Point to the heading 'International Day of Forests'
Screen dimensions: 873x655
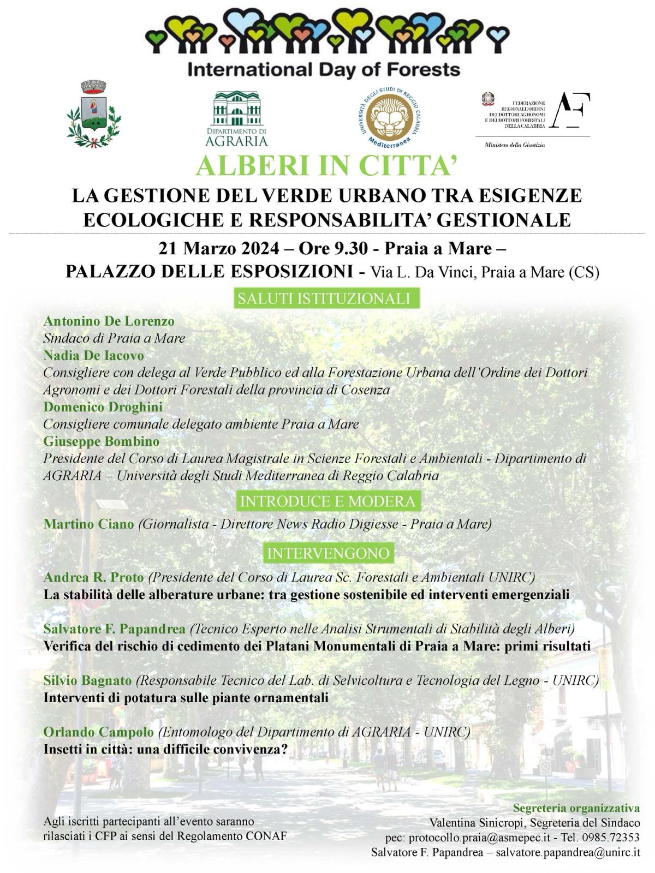pyautogui.click(x=324, y=70)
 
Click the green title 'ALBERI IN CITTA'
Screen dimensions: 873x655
pyautogui.click(x=326, y=166)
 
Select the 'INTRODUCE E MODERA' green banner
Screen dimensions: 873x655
pyautogui.click(x=327, y=501)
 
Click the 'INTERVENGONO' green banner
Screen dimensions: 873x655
pyautogui.click(x=328, y=553)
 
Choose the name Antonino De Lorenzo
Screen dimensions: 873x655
pyautogui.click(x=109, y=321)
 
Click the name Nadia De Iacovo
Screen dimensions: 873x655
pyautogui.click(x=93, y=355)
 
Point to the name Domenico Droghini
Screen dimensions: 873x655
pyautogui.click(x=103, y=406)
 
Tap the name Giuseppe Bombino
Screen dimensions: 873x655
pyautogui.click(x=102, y=441)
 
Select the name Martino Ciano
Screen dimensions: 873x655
pyautogui.click(x=88, y=524)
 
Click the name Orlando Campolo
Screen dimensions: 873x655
pyautogui.click(x=98, y=732)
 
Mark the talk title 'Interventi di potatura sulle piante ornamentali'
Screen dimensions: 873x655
pyautogui.click(x=186, y=697)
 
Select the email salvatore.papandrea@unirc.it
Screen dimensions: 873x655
pyautogui.click(x=568, y=852)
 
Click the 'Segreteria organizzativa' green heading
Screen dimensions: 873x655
pyautogui.click(x=576, y=808)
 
